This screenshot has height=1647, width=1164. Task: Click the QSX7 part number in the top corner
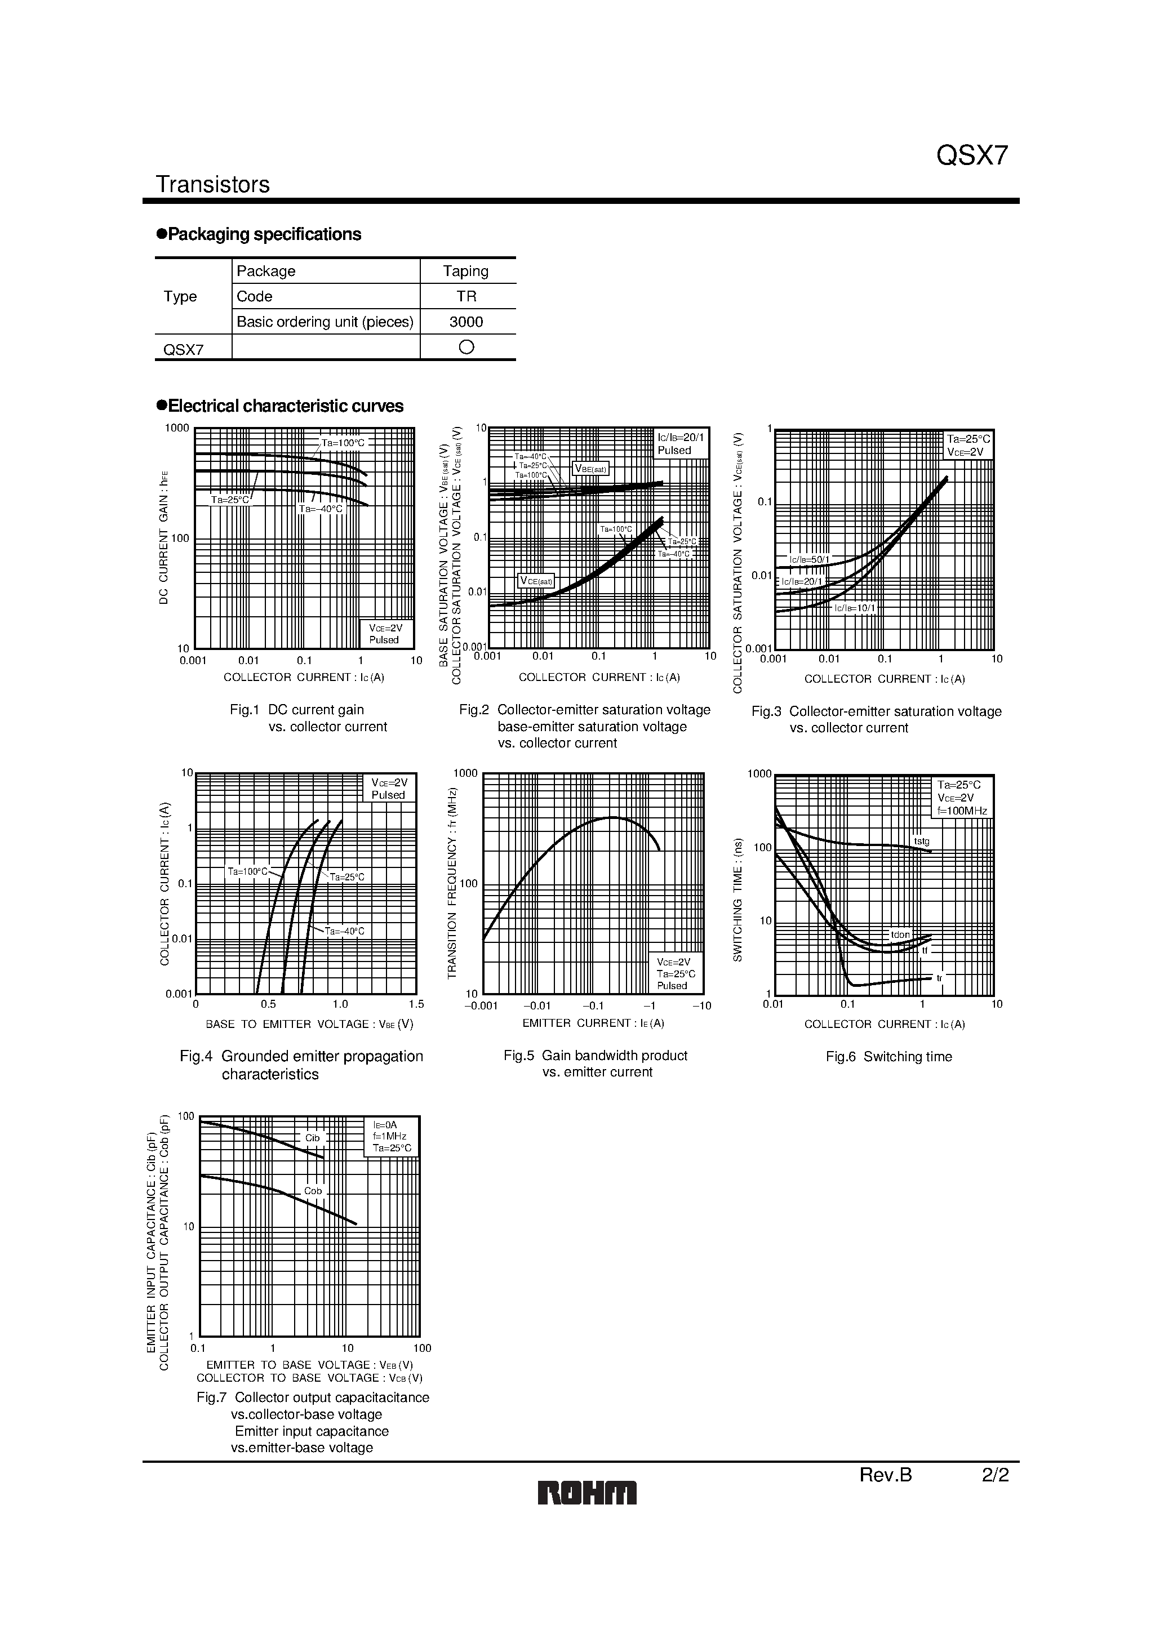click(972, 155)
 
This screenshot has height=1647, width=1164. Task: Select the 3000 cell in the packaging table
click(466, 322)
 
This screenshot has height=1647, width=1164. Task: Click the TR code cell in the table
click(467, 296)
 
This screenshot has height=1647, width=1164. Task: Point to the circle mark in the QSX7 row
click(466, 347)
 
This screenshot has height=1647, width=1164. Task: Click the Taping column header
click(466, 271)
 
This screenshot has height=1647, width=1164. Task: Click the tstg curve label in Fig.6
click(921, 842)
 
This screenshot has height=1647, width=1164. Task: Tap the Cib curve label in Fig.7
click(312, 1138)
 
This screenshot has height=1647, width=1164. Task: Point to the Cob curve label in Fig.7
click(313, 1191)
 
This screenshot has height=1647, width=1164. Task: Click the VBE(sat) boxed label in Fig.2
click(590, 469)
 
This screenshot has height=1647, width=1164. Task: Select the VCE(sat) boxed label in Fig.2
click(536, 580)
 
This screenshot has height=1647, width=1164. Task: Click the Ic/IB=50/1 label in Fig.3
click(809, 559)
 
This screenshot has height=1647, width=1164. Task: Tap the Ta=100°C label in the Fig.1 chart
click(343, 443)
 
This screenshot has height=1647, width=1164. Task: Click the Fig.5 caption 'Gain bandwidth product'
click(595, 1055)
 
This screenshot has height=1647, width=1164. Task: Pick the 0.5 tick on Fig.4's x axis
click(268, 1004)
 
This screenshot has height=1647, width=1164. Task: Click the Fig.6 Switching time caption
click(888, 1057)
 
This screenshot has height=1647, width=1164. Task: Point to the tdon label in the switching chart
click(900, 934)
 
